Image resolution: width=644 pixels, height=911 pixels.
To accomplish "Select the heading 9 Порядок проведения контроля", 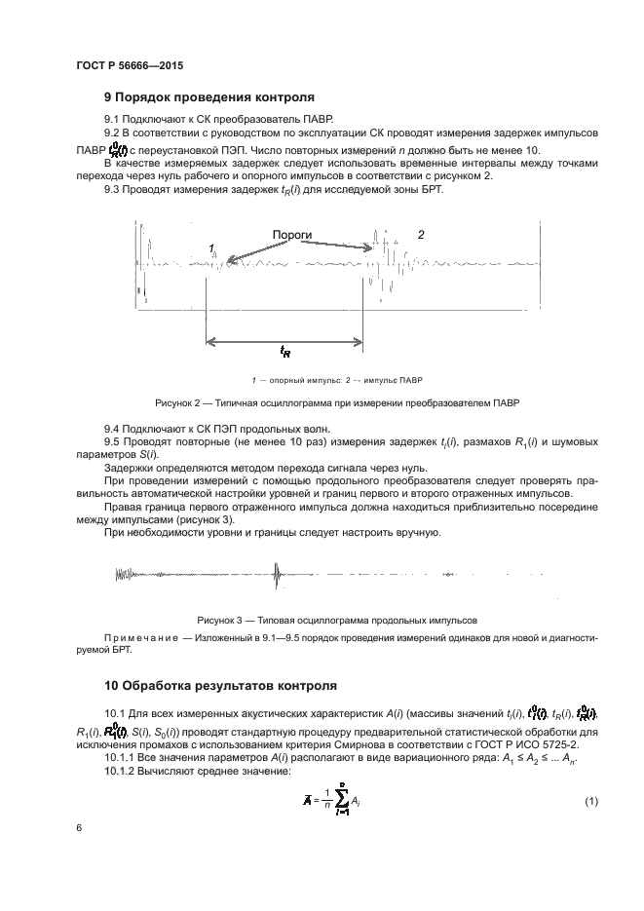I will click(208, 97).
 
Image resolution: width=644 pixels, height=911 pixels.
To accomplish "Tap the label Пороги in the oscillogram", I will click(291, 235).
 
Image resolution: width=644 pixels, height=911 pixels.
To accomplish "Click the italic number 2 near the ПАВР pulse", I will click(421, 235).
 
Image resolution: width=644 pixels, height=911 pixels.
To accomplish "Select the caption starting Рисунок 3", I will click(323, 619).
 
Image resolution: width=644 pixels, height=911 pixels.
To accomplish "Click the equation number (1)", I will click(590, 801).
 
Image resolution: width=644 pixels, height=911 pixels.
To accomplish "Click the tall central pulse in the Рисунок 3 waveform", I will click(278, 576).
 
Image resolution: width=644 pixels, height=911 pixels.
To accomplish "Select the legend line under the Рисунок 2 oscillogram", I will click(323, 379).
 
